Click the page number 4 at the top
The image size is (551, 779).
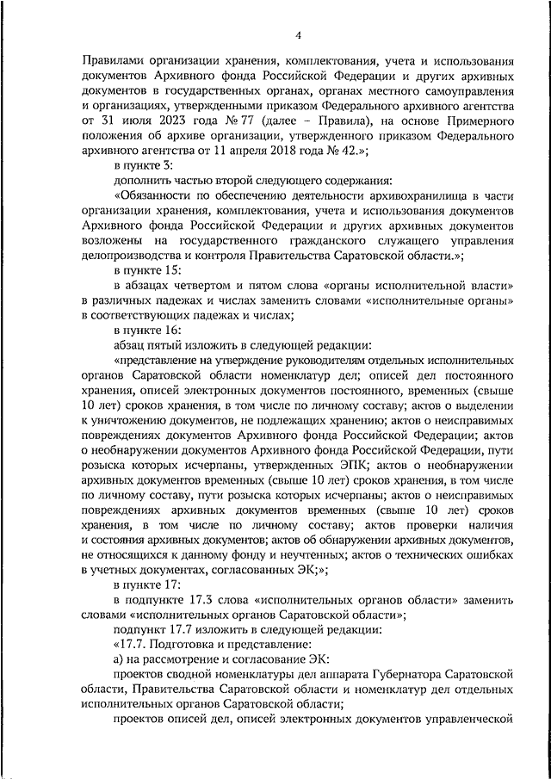[298, 35]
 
